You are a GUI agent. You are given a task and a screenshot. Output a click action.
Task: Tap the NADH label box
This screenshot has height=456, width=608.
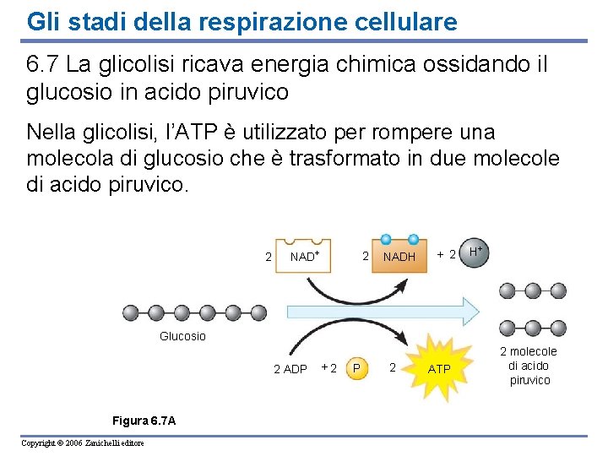[x=399, y=256]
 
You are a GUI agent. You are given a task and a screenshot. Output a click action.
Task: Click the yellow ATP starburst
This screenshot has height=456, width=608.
[x=438, y=367]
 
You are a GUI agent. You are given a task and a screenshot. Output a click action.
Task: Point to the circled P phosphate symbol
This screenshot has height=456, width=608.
[x=357, y=368]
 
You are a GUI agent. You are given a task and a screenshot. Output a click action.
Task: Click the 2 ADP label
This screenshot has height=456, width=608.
[x=290, y=369]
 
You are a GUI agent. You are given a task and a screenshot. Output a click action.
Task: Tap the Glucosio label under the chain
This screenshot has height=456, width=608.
[x=182, y=336]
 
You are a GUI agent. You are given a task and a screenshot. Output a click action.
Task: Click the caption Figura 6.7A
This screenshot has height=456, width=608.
[x=143, y=421]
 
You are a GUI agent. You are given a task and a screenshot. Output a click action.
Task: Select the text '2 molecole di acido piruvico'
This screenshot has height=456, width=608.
[x=529, y=366]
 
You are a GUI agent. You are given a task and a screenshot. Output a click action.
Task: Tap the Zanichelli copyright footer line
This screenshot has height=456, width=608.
[x=83, y=443]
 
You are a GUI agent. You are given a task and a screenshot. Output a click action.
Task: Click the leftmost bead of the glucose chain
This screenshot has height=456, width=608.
[x=131, y=312]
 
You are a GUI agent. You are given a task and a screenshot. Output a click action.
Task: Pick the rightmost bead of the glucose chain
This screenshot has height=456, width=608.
[x=258, y=312]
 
